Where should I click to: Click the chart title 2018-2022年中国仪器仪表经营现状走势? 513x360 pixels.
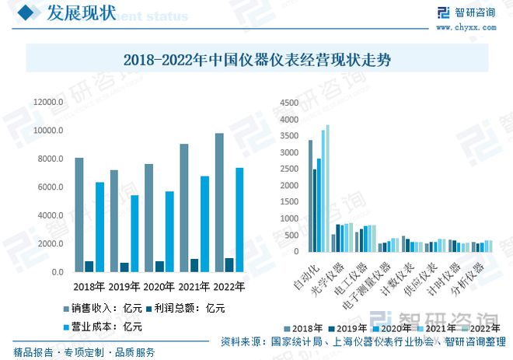(256, 59)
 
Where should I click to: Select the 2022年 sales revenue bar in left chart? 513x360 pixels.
(219, 202)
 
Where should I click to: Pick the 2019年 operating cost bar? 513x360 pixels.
(134, 233)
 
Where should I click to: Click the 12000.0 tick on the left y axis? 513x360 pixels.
(47, 103)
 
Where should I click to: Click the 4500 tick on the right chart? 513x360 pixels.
(288, 103)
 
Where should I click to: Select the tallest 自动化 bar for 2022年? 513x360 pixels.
(328, 188)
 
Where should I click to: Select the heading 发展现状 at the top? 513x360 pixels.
(81, 13)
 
